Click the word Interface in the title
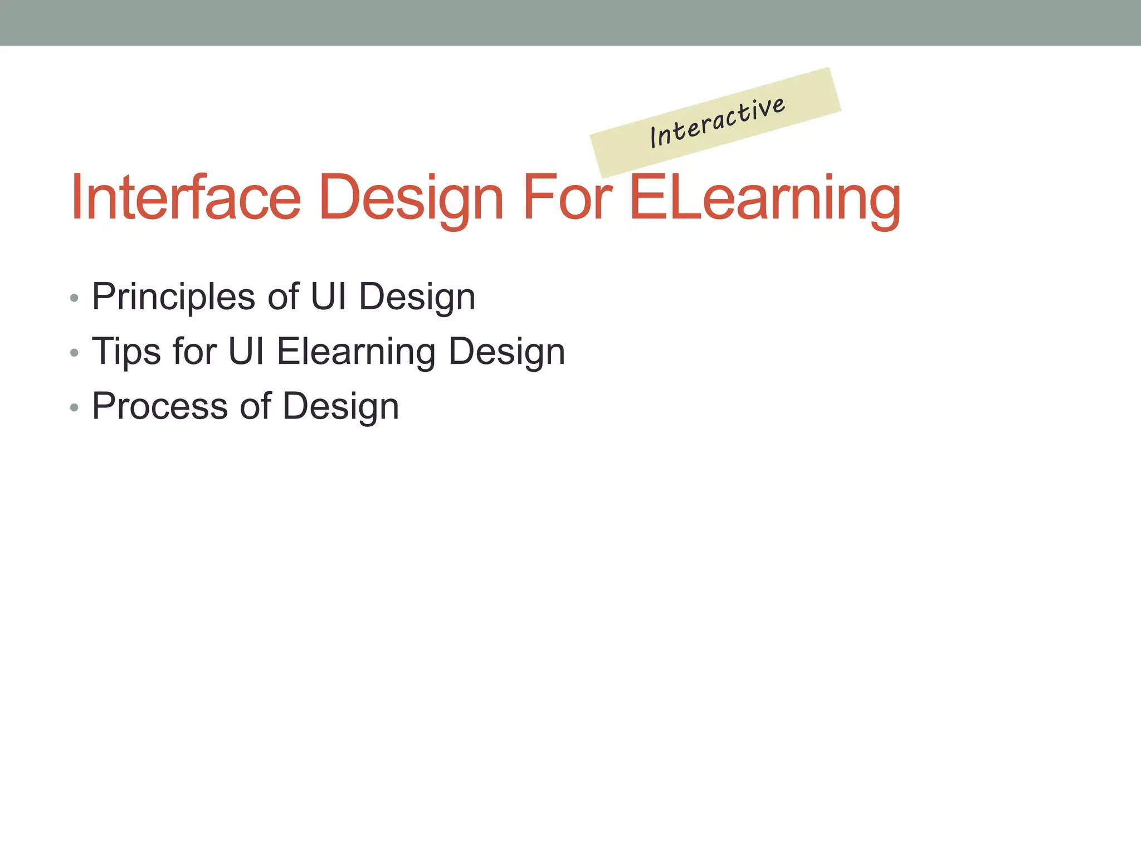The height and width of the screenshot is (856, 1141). coord(186,197)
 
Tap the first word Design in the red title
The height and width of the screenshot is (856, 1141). coord(412,198)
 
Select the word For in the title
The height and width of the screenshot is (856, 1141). coord(568,197)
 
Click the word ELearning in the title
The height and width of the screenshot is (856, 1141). coord(764,198)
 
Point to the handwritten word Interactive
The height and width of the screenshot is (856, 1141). coord(718,122)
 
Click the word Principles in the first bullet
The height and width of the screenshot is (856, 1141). coord(173,297)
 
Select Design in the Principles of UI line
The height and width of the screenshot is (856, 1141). coord(417,297)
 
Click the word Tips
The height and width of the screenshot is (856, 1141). coord(126,352)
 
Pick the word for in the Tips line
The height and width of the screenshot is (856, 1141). coord(194,351)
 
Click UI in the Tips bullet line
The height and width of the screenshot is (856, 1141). coord(246,351)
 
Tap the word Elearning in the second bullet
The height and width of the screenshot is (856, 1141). coord(357,352)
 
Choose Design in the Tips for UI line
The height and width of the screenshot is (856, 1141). coord(507,352)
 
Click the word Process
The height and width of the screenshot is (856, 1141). coord(160,406)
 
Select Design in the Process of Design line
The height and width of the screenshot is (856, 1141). coord(341,407)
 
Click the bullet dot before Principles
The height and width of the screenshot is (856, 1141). coord(75,298)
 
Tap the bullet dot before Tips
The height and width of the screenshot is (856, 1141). coord(75,353)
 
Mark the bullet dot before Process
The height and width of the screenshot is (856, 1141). coord(75,407)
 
